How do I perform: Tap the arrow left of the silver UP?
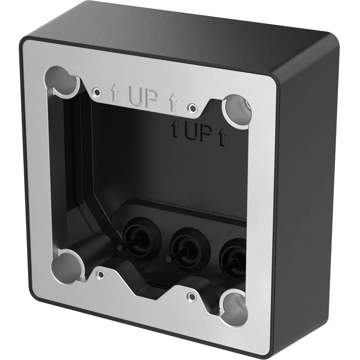coord(115,94)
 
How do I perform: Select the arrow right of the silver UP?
coord(173,102)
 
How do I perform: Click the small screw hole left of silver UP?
coord(96,91)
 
